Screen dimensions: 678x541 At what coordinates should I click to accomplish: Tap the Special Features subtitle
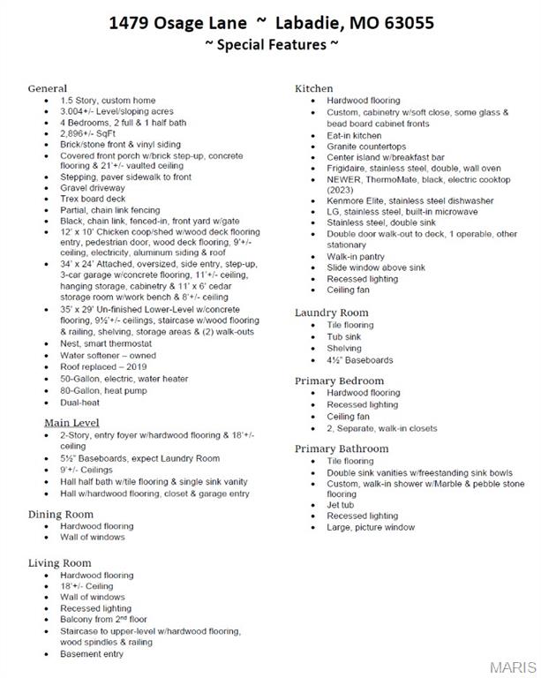pyautogui.click(x=271, y=44)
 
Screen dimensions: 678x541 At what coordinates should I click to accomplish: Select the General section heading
pyautogui.click(x=48, y=88)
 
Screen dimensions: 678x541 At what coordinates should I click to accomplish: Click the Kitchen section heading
pyautogui.click(x=313, y=88)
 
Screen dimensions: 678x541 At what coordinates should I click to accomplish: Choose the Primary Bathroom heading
pyautogui.click(x=342, y=448)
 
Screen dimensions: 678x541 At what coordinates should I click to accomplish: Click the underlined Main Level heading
pyautogui.click(x=71, y=423)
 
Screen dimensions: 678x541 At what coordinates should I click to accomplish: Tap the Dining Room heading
pyautogui.click(x=61, y=514)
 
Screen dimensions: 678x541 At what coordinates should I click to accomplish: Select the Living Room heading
pyautogui.click(x=60, y=562)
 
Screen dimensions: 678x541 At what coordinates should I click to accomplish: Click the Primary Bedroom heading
pyautogui.click(x=339, y=380)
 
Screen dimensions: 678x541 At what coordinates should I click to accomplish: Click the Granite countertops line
pyautogui.click(x=366, y=146)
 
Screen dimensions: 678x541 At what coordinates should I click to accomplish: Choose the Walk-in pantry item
pyautogui.click(x=356, y=256)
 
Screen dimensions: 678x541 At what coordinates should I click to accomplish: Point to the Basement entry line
pyautogui.click(x=92, y=654)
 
